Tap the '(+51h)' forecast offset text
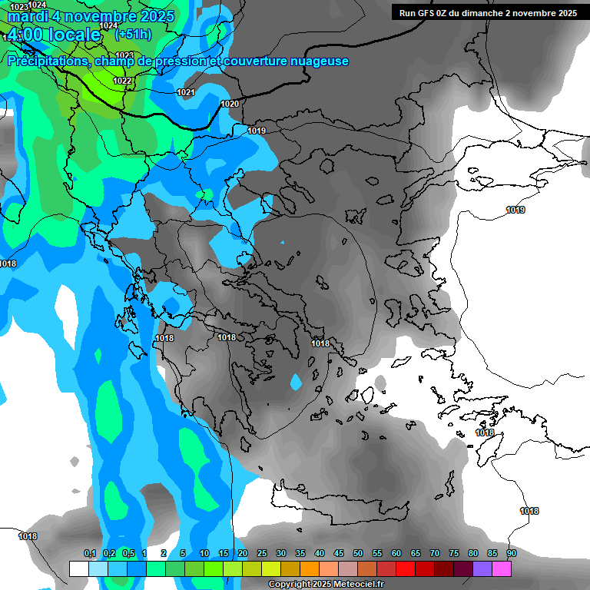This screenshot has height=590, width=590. pyautogui.click(x=133, y=34)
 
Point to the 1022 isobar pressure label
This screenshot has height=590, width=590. pyautogui.click(x=121, y=81)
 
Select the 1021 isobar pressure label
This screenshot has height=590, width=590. pyautogui.click(x=185, y=92)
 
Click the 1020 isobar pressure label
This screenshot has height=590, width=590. pyautogui.click(x=229, y=104)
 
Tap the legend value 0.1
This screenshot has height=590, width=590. pyautogui.click(x=89, y=554)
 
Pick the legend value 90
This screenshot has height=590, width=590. pyautogui.click(x=511, y=554)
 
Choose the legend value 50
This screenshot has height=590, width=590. pyautogui.click(x=358, y=554)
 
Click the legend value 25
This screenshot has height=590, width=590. pyautogui.click(x=262, y=554)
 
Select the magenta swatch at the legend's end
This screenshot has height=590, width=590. pyautogui.click(x=502, y=568)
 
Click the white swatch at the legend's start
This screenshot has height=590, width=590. pyautogui.click(x=78, y=568)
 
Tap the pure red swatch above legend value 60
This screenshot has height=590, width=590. pyautogui.click(x=406, y=568)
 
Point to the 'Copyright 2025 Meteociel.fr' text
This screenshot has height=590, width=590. pyautogui.click(x=325, y=584)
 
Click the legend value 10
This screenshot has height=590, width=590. pyautogui.click(x=204, y=554)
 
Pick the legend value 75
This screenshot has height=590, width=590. pyautogui.click(x=454, y=554)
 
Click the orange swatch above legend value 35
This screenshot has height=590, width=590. pyautogui.click(x=310, y=568)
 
